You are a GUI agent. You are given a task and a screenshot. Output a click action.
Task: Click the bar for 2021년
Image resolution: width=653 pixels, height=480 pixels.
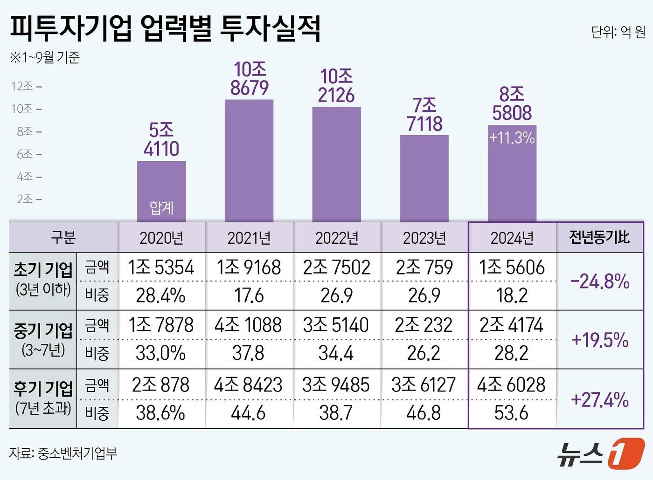click(249, 161)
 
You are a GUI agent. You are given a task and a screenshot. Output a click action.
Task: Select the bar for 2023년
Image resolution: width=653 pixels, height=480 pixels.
click(424, 178)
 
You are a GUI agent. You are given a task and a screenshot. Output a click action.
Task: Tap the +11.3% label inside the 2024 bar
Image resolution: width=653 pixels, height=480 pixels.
click(512, 138)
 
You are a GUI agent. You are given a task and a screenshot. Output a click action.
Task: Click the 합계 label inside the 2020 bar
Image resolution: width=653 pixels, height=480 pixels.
click(161, 207)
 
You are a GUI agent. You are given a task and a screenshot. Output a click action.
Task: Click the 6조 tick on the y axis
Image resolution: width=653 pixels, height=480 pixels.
click(25, 154)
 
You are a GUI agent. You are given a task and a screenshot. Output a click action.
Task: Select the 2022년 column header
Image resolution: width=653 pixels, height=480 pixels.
click(337, 238)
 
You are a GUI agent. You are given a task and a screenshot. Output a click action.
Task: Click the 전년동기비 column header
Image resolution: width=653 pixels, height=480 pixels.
click(599, 238)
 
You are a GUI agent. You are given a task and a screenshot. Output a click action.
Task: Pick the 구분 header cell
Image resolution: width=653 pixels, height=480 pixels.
click(63, 238)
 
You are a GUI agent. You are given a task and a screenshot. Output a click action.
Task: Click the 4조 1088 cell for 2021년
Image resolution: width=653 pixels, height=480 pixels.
click(248, 325)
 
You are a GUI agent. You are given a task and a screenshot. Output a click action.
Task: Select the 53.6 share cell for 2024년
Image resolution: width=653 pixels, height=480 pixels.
click(511, 413)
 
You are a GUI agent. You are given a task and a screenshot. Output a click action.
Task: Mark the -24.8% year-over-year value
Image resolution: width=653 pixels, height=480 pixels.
click(600, 281)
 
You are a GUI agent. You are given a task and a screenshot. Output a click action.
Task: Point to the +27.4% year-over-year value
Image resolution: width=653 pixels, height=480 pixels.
click(600, 399)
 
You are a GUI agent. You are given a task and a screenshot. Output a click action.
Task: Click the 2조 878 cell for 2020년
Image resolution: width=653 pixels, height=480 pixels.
click(161, 385)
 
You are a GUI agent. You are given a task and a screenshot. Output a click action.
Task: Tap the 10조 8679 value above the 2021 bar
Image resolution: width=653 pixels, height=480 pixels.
click(250, 79)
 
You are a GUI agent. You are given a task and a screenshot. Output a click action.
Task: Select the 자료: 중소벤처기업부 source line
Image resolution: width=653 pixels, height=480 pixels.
click(63, 453)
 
